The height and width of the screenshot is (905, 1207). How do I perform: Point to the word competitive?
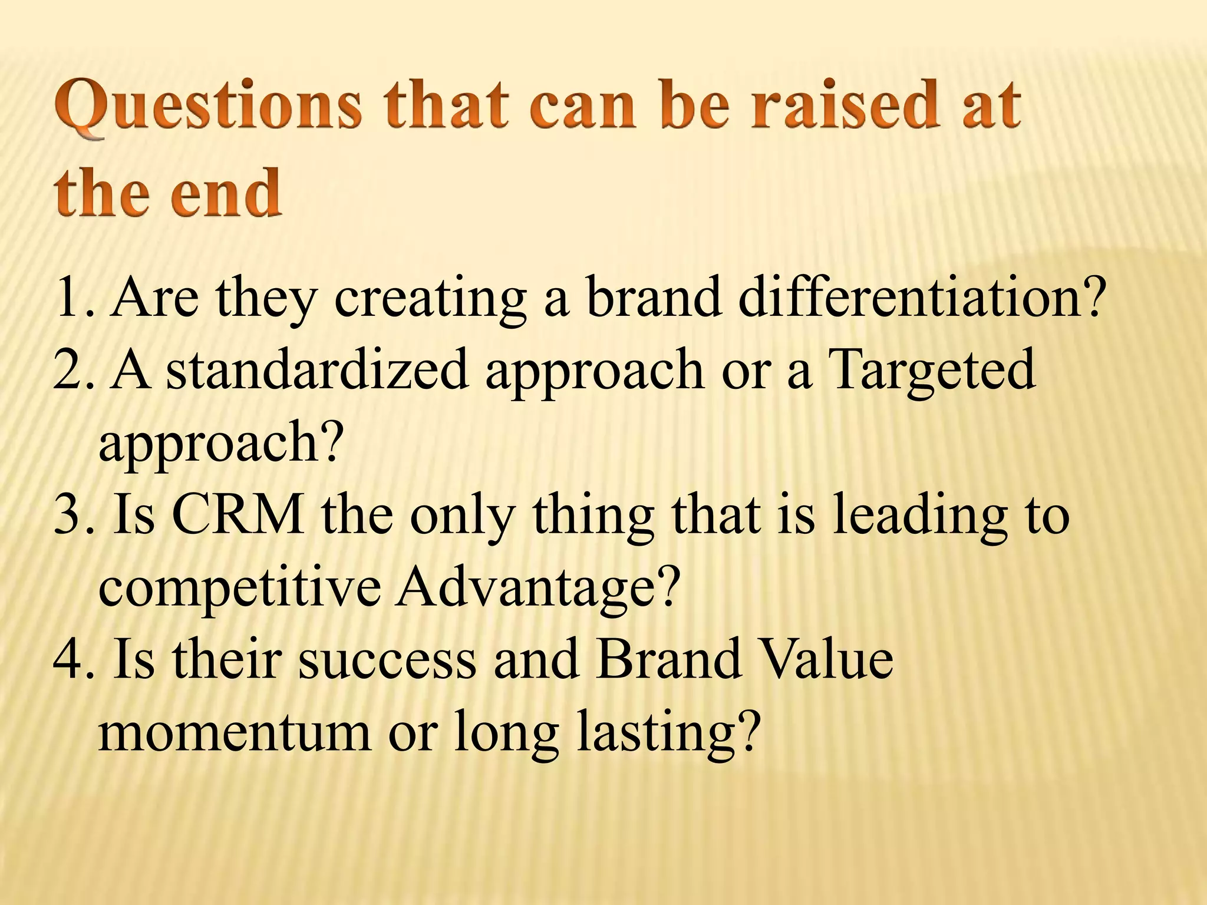coord(239,588)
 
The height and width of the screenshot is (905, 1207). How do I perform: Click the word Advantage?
coord(537,588)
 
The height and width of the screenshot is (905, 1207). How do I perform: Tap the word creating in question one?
coord(430,298)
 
